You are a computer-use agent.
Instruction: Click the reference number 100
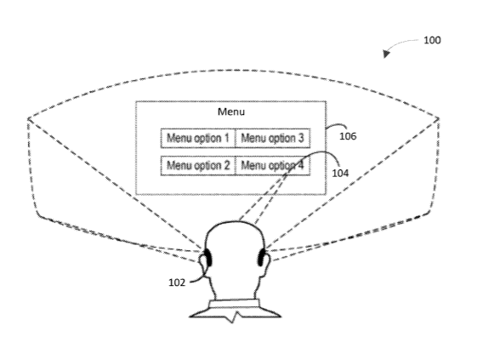[x=432, y=40]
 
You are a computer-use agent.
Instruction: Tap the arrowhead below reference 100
[x=386, y=54]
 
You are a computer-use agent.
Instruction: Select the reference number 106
[x=348, y=136]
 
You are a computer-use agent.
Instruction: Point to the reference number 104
[x=340, y=173]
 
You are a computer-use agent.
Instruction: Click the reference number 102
[x=177, y=283]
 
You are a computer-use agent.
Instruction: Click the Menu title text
[x=231, y=111]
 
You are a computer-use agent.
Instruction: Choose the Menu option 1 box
[x=198, y=138]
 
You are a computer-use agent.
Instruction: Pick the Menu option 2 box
[x=198, y=166]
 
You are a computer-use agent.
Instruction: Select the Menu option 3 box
[x=273, y=138]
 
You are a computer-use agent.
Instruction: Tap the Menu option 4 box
[x=273, y=166]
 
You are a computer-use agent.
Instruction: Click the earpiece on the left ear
[x=208, y=258]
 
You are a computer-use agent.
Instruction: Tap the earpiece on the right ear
[x=261, y=258]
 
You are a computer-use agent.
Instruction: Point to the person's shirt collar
[x=235, y=304]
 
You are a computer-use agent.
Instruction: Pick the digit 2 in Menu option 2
[x=226, y=165]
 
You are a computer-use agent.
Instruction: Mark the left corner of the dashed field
[x=28, y=118]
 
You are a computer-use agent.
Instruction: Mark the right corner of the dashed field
[x=439, y=118]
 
